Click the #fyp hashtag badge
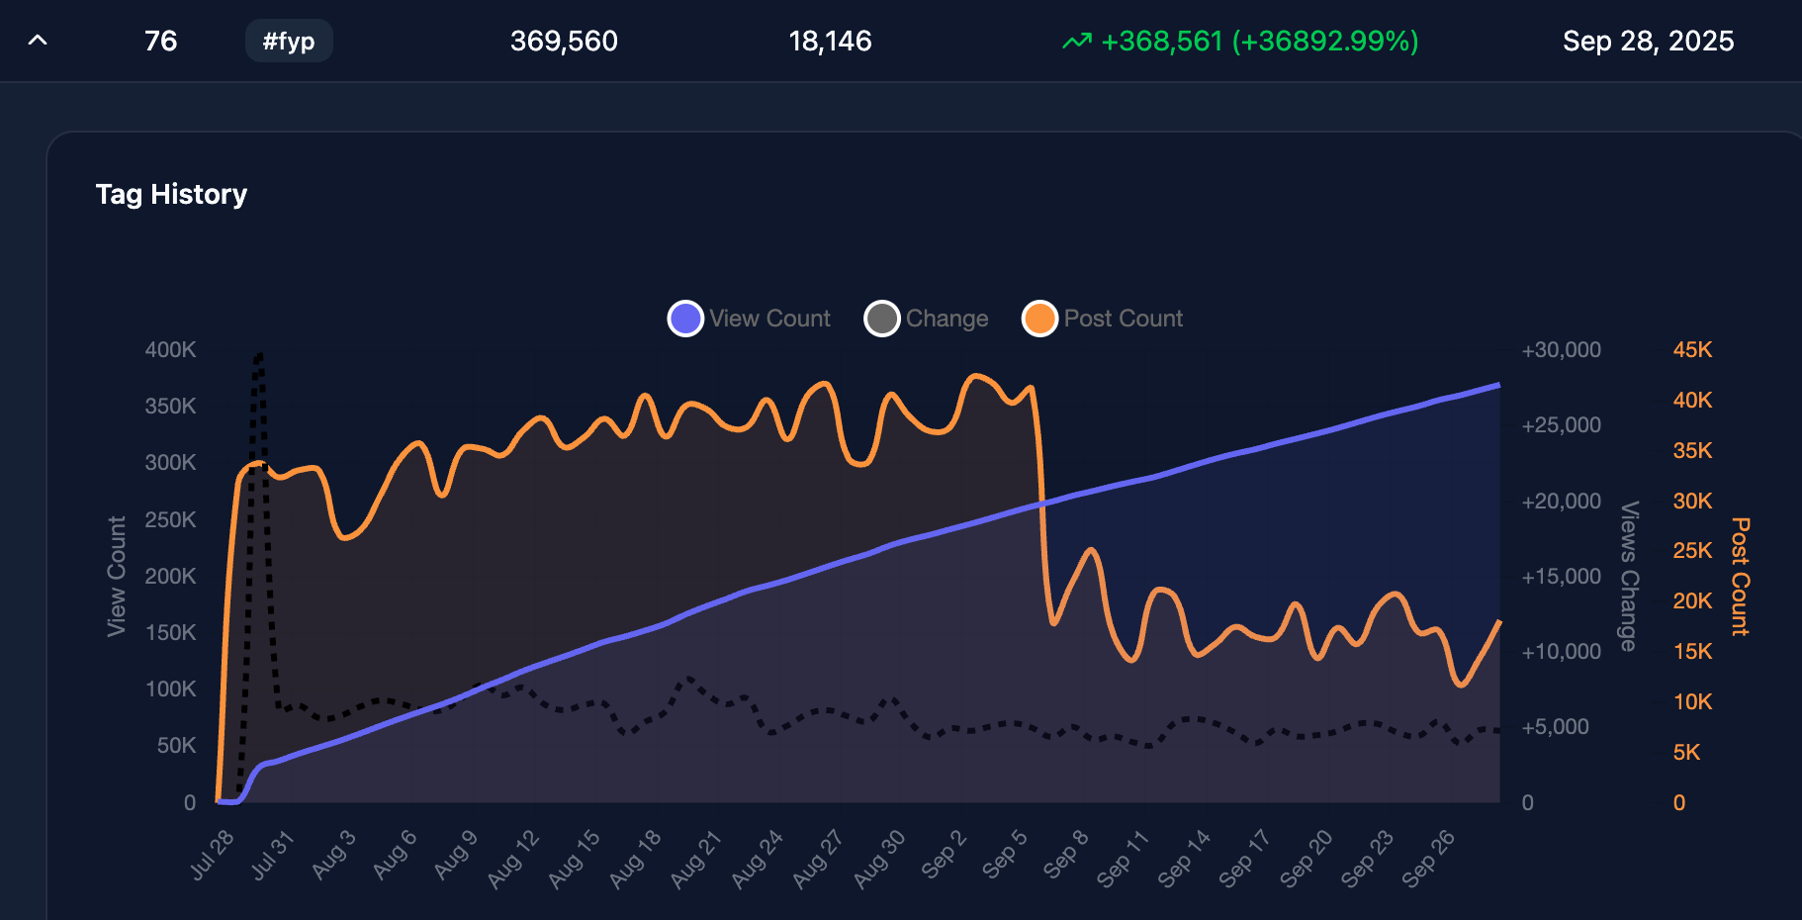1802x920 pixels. (289, 42)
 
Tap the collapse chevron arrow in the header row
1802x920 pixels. (38, 41)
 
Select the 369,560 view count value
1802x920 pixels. (564, 42)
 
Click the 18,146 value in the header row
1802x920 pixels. (830, 42)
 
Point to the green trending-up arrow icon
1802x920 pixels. (1077, 42)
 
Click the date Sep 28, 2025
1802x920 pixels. (1648, 42)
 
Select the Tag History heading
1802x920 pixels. (171, 194)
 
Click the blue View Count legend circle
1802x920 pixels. (685, 319)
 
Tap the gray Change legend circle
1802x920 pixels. (881, 319)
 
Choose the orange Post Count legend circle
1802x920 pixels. (1039, 319)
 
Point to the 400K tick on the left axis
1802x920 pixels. (170, 350)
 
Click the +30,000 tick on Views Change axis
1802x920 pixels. (1561, 350)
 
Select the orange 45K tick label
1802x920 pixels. (1692, 350)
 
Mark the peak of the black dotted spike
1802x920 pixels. (259, 354)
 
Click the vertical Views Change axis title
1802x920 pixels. (1629, 576)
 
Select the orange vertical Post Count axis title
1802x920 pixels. (1740, 576)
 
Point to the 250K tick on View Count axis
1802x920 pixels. (170, 520)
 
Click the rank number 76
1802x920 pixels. (160, 42)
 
